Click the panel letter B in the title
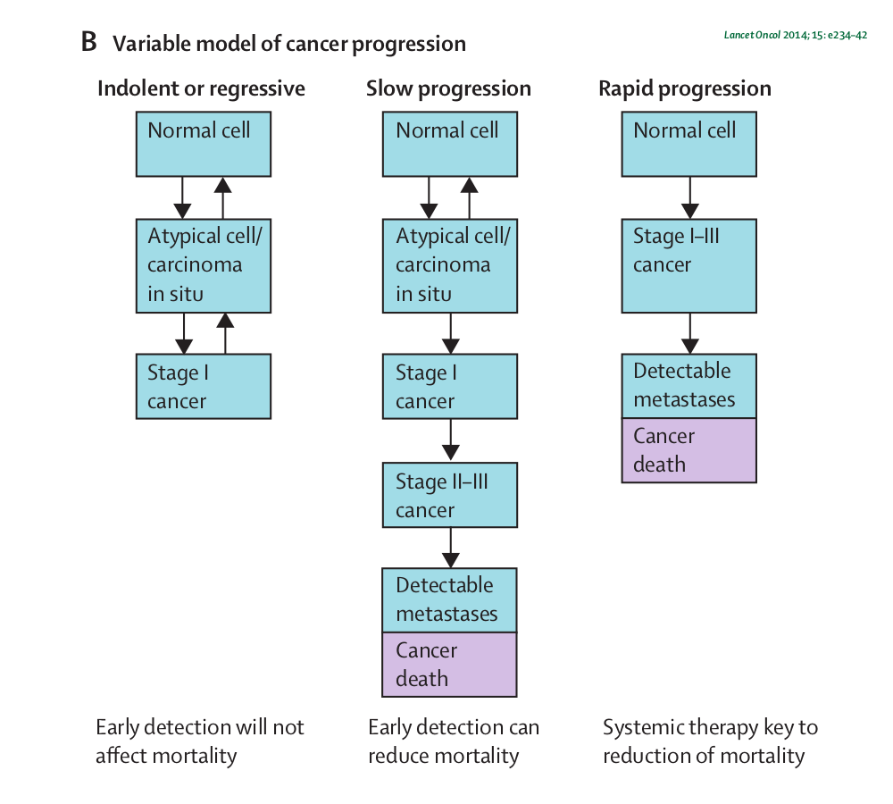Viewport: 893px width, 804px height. point(88,42)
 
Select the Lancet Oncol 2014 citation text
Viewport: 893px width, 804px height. point(796,35)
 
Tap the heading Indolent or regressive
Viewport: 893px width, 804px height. point(201,89)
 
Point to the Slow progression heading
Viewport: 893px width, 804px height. point(449,89)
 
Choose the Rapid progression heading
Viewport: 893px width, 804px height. point(685,89)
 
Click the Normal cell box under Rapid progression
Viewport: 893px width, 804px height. point(689,144)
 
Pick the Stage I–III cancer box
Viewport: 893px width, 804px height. point(689,265)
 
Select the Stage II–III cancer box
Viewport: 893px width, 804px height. point(450,495)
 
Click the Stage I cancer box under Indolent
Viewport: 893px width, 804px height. point(204,386)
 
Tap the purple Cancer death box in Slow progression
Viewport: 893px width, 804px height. point(449,665)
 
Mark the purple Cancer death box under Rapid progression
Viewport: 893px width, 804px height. point(689,450)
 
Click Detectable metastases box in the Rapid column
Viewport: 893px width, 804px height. point(689,386)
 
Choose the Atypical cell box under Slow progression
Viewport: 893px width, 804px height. point(450,265)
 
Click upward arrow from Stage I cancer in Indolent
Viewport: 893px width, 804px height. point(226,333)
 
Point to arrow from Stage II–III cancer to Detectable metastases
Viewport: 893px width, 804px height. point(450,548)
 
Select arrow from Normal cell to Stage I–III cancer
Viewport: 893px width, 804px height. point(689,197)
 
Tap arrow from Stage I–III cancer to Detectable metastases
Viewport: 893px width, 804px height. point(689,333)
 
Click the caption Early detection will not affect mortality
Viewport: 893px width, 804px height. point(200,741)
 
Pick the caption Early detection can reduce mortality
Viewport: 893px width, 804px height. point(454,741)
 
